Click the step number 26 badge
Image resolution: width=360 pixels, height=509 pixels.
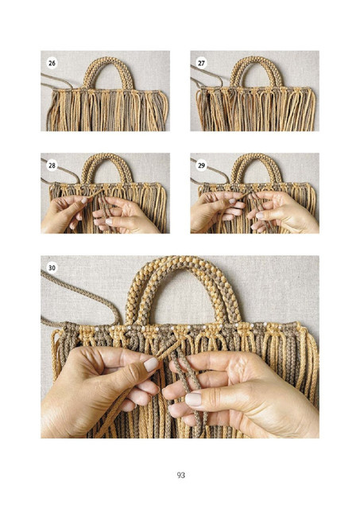coord(52,63)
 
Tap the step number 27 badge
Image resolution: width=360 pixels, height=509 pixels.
coord(201,63)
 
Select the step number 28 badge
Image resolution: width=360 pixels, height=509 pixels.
coord(52,165)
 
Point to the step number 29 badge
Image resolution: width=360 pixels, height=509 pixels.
coord(201,165)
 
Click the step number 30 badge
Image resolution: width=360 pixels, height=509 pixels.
coord(52,268)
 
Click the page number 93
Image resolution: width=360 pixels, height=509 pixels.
coord(181,476)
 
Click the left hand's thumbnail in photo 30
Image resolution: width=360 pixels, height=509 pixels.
coord(150,364)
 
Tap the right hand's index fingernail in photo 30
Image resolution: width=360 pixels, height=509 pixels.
coord(193,399)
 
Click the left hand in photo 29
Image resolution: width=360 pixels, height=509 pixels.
coord(215,211)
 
